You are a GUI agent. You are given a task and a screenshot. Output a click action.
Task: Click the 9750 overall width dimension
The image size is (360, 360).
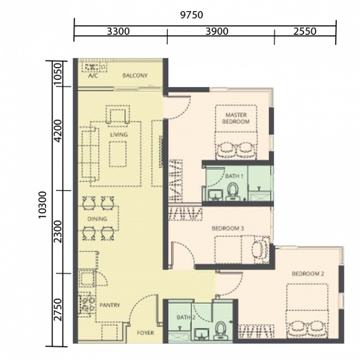tap(192, 15)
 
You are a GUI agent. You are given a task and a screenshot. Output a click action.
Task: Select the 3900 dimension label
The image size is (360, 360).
tap(217, 32)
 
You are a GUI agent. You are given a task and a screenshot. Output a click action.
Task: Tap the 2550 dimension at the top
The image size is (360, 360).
tap(305, 32)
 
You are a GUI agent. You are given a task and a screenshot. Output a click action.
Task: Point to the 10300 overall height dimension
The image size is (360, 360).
tap(43, 205)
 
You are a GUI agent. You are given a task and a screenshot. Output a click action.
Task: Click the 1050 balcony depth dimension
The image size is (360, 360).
tap(58, 74)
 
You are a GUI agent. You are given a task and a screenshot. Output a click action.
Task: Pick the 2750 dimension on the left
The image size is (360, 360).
tap(58, 309)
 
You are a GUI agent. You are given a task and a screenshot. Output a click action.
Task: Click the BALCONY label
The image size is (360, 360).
tap(135, 75)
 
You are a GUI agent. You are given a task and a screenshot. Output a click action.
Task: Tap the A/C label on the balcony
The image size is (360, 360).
tap(92, 75)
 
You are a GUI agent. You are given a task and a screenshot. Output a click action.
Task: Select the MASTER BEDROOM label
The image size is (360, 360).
tap(236, 118)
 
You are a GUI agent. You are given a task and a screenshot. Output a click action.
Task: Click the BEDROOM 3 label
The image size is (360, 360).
tap(228, 228)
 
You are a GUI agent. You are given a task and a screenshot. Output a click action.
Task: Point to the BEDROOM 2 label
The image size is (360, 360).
tap(307, 274)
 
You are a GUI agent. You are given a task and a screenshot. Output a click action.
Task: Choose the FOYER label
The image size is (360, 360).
tap(145, 333)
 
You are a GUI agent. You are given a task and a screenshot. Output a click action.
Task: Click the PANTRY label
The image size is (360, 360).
tap(110, 305)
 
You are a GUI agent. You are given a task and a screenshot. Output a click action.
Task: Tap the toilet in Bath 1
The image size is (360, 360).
tap(233, 192)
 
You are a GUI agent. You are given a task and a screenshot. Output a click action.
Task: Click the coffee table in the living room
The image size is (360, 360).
tap(118, 154)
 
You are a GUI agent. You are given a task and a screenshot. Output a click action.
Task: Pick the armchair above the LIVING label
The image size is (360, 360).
tap(118, 116)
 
